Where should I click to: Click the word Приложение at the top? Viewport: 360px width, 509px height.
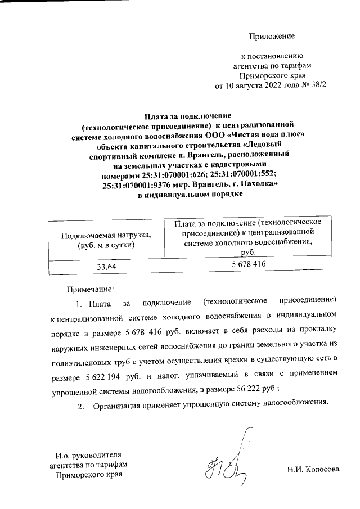coord(272,37)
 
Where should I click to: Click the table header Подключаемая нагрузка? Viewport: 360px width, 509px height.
coord(106,235)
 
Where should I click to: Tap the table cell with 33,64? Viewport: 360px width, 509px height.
coord(106,267)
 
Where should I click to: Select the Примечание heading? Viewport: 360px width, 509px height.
coord(91,289)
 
